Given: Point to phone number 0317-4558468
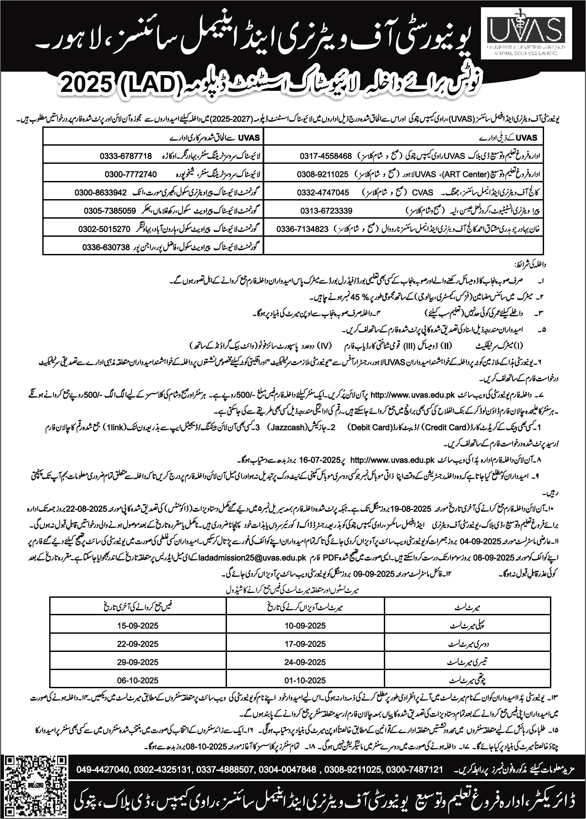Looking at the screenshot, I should pyautogui.click(x=326, y=156).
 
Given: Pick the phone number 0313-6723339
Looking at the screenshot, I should pyautogui.click(x=327, y=211).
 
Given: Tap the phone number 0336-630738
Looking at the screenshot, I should pyautogui.click(x=106, y=247).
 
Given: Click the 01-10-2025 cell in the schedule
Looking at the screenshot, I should pyautogui.click(x=305, y=681).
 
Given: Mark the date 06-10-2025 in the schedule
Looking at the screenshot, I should pyautogui.click(x=138, y=681).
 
